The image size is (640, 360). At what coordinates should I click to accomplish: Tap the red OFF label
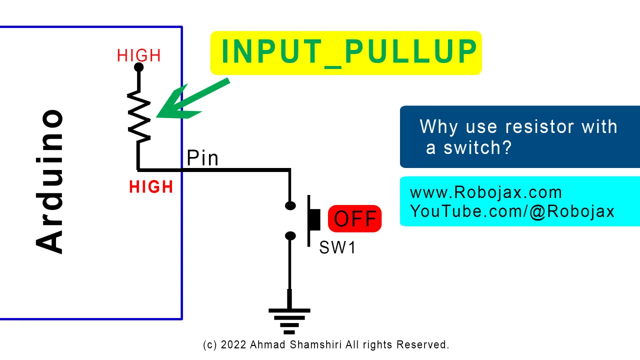pyautogui.click(x=355, y=218)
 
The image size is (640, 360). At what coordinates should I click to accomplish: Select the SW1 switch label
pyautogui.click(x=337, y=247)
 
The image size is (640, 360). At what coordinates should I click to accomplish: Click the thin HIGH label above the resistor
pyautogui.click(x=139, y=55)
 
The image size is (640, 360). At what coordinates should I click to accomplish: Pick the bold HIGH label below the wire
pyautogui.click(x=151, y=187)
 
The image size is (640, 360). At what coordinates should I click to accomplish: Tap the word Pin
pyautogui.click(x=202, y=157)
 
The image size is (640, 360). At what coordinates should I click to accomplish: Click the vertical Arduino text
pyautogui.click(x=49, y=181)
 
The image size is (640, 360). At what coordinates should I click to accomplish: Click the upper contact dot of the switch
pyautogui.click(x=290, y=205)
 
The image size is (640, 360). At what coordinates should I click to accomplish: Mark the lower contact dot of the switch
pyautogui.click(x=290, y=235)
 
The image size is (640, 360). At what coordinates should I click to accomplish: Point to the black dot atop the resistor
pyautogui.click(x=139, y=67)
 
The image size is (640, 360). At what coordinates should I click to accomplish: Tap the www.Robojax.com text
pyautogui.click(x=485, y=192)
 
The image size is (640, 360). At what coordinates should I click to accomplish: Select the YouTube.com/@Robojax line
pyautogui.click(x=512, y=211)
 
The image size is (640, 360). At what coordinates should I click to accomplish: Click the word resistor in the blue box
pyautogui.click(x=539, y=126)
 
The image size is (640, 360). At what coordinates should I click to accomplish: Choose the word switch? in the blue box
pyautogui.click(x=477, y=147)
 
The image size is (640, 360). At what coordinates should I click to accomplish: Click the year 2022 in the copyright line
pyautogui.click(x=233, y=345)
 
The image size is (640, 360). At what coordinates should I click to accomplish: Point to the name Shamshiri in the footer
pyautogui.click(x=315, y=345)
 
